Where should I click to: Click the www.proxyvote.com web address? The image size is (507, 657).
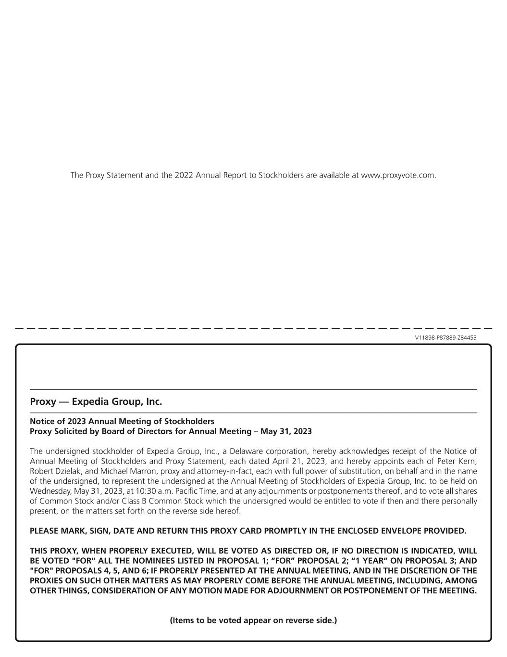tap(398, 175)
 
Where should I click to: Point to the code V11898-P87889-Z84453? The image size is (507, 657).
tap(445, 338)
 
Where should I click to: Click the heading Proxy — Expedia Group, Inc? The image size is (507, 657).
tap(96, 401)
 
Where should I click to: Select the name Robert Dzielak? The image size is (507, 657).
tap(55, 472)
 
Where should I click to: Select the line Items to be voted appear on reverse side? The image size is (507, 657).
tap(253, 620)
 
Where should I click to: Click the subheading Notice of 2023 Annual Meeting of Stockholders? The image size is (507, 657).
tap(122, 421)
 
